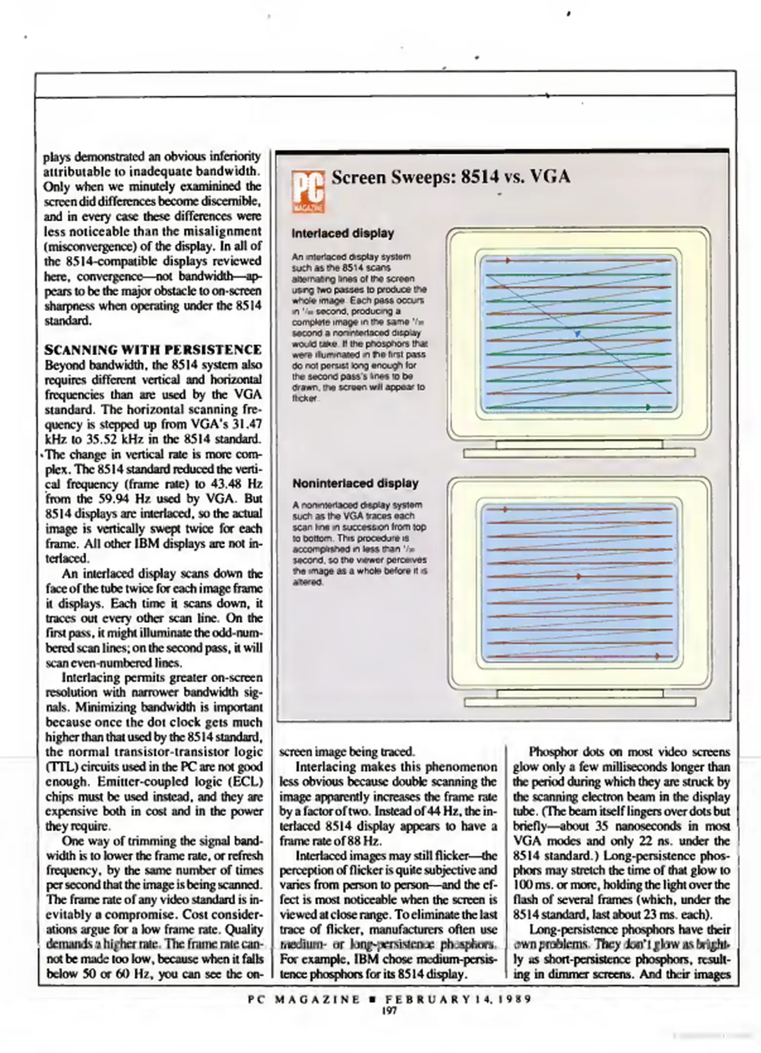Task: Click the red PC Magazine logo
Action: click(308, 192)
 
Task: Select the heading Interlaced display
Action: click(342, 234)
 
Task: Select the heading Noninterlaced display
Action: click(355, 483)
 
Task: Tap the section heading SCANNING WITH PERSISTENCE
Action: click(153, 350)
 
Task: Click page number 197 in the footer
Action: click(389, 1011)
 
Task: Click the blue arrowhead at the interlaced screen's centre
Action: click(577, 334)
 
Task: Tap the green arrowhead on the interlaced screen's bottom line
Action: click(648, 407)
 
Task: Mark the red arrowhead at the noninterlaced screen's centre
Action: click(579, 576)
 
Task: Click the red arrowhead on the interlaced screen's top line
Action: click(508, 261)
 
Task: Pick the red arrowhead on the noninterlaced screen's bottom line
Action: click(657, 656)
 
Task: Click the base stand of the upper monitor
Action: click(579, 453)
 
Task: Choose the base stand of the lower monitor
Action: click(580, 702)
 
